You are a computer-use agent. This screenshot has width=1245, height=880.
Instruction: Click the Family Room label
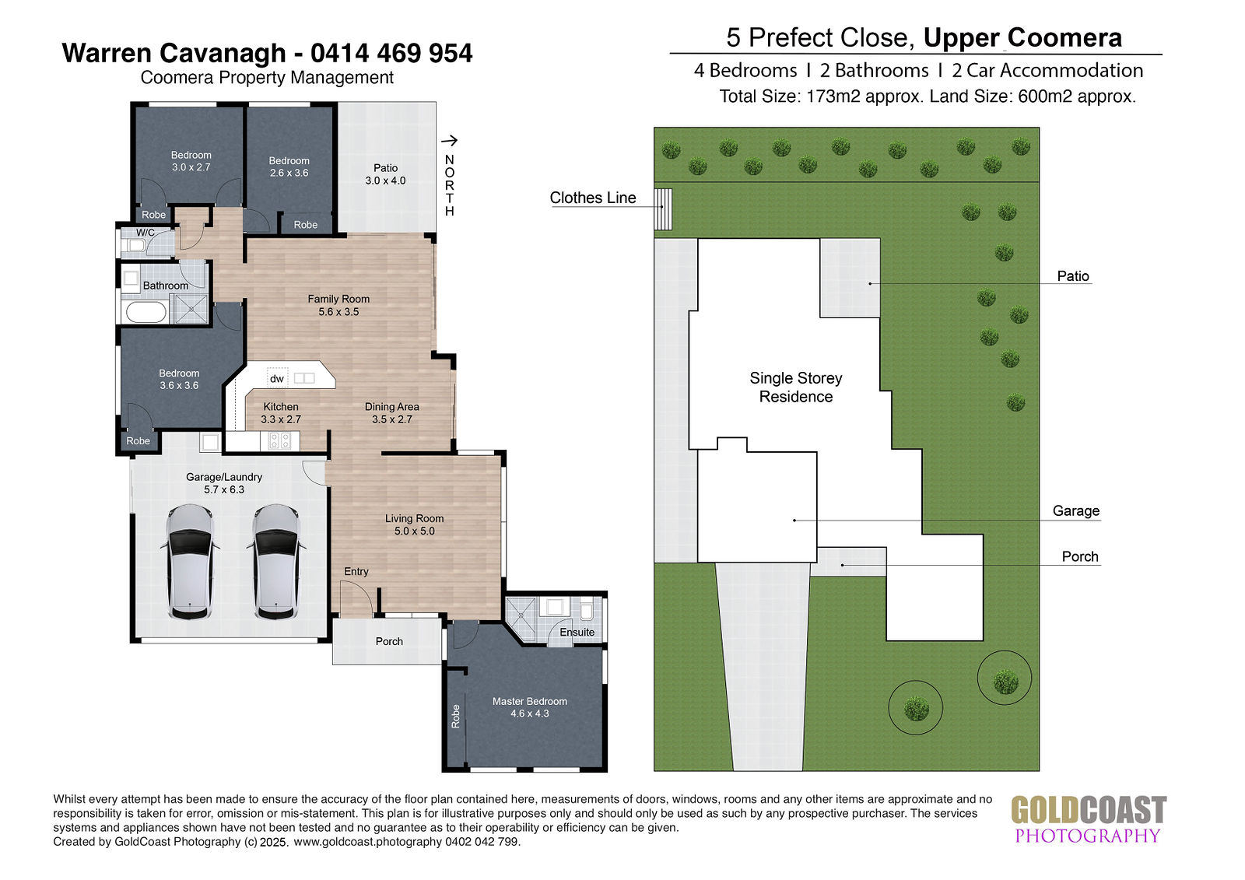pyautogui.click(x=338, y=305)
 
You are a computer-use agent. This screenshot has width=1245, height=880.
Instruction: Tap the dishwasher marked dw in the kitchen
pyautogui.click(x=277, y=378)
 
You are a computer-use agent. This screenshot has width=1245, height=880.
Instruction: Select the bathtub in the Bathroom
pyautogui.click(x=146, y=312)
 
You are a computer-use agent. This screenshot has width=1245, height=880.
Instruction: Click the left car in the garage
pyautogui.click(x=190, y=562)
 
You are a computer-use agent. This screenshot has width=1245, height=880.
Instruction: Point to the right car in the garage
pyautogui.click(x=276, y=562)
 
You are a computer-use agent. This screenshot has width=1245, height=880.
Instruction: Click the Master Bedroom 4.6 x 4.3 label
pyautogui.click(x=530, y=707)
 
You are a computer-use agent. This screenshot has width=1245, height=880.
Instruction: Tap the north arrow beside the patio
pyautogui.click(x=449, y=140)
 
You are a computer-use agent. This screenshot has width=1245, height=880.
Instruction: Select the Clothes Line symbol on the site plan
pyautogui.click(x=663, y=209)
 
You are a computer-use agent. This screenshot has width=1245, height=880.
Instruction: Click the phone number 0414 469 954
pyautogui.click(x=391, y=54)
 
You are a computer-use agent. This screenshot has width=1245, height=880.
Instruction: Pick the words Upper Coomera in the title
pyautogui.click(x=1022, y=38)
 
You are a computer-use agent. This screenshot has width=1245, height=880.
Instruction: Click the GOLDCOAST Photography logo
pyautogui.click(x=1089, y=820)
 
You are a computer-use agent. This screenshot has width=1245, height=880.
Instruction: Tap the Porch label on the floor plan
pyautogui.click(x=389, y=641)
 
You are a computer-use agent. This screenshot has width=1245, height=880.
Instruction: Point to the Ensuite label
pyautogui.click(x=577, y=632)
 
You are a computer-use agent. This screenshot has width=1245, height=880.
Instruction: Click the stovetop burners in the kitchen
pyautogui.click(x=279, y=441)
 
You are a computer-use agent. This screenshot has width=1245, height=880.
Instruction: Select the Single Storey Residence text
pyautogui.click(x=796, y=387)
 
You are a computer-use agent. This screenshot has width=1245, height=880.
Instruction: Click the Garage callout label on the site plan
pyautogui.click(x=1076, y=511)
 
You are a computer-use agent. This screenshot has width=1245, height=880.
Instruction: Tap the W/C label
pyautogui.click(x=146, y=233)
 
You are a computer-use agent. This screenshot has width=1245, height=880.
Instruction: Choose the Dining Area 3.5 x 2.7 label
pyautogui.click(x=392, y=413)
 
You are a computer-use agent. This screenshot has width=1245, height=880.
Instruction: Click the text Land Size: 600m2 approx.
pyautogui.click(x=1033, y=96)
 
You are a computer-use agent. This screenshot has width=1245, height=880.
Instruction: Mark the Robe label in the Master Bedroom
pyautogui.click(x=456, y=716)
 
